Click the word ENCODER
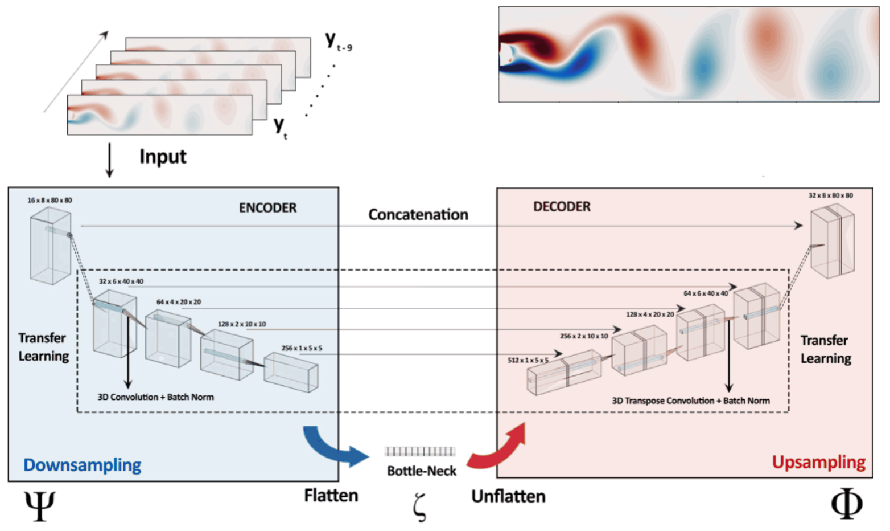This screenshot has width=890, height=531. (267, 208)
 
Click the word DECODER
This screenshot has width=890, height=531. (562, 207)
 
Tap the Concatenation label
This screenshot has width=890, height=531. (418, 215)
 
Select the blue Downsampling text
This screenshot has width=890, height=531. (83, 465)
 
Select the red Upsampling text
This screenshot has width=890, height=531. (818, 462)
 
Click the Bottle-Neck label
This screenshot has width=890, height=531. (421, 471)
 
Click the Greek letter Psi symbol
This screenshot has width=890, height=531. (39, 505)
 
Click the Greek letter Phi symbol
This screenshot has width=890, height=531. (846, 504)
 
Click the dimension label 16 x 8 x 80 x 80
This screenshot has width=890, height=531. (50, 201)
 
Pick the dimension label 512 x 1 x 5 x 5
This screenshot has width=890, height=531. (528, 360)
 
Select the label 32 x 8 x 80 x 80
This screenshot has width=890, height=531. (830, 195)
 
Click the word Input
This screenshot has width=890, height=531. (163, 157)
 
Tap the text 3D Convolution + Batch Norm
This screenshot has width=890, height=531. (155, 397)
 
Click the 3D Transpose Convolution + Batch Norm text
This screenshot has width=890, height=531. (690, 401)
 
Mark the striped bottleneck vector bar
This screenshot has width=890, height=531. (420, 452)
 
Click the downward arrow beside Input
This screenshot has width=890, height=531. (109, 160)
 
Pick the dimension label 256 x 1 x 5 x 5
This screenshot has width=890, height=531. (302, 348)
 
